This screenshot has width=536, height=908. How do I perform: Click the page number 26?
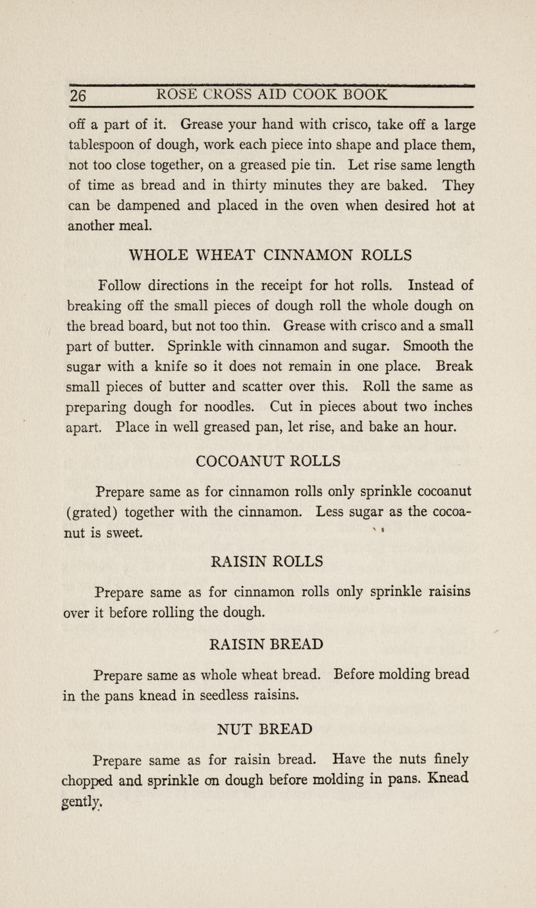(78, 95)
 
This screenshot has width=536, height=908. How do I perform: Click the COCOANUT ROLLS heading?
(269, 461)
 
